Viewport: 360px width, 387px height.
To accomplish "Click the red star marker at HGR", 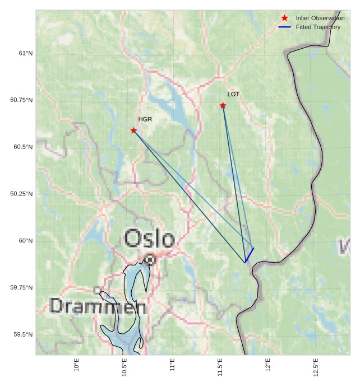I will point(133,130).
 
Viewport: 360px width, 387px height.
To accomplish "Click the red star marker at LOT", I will point(223,105).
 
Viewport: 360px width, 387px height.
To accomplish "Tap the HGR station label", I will point(145,119).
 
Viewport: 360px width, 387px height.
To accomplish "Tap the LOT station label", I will point(233,94).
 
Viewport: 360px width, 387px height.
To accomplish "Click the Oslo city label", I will point(149,239).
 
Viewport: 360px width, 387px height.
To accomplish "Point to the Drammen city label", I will point(98,306).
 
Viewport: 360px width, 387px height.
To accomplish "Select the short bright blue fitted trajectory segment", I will point(250,255).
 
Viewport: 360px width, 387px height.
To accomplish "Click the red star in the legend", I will point(285,18).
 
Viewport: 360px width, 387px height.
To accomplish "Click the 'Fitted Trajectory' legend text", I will point(318,27).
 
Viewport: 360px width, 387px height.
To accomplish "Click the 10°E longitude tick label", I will point(77,367).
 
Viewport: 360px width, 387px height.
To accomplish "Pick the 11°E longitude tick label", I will point(173,367).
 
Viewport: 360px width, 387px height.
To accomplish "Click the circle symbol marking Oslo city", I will point(150,259).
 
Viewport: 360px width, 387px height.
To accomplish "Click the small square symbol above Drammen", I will point(97,290).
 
